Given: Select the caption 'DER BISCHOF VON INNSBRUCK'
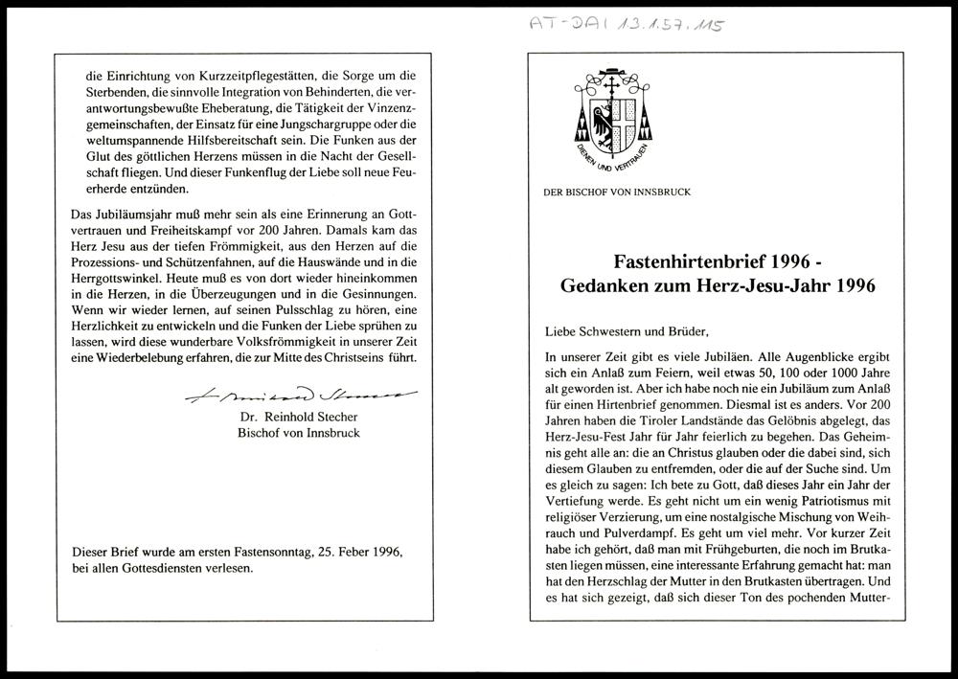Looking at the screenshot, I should [617, 192].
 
